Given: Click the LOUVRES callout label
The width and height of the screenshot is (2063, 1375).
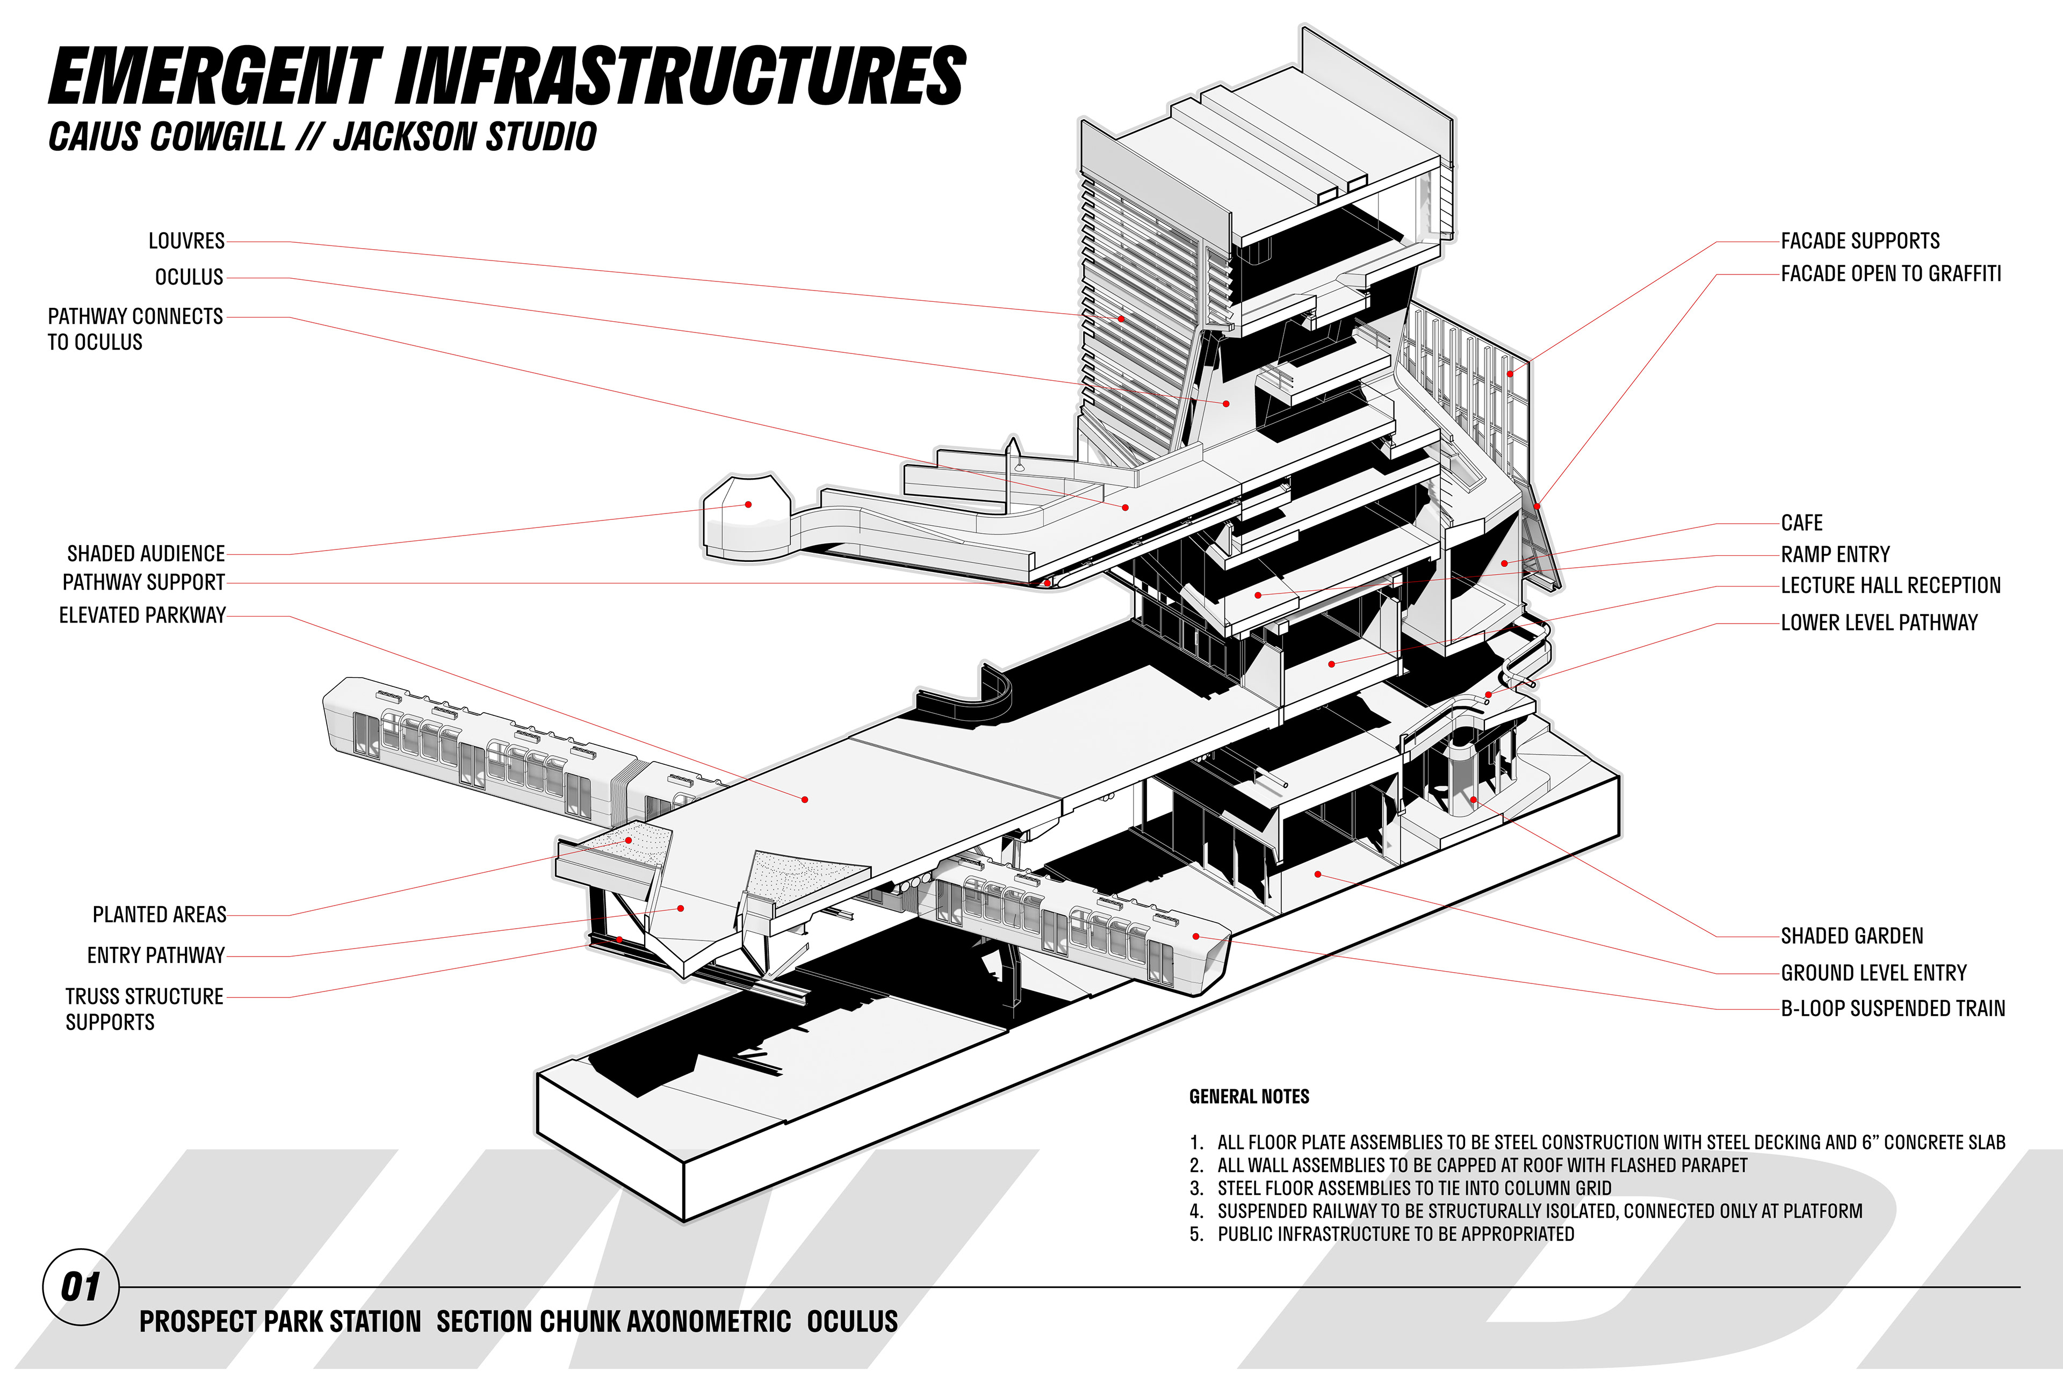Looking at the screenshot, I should click(x=186, y=241).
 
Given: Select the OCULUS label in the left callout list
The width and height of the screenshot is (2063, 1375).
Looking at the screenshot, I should click(x=190, y=277).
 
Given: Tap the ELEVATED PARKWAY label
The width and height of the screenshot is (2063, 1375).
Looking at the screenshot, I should click(x=142, y=616).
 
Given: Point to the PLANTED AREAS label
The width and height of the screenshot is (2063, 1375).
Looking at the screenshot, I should click(x=160, y=915).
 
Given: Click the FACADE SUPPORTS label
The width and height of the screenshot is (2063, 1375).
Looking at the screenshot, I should click(x=1859, y=241).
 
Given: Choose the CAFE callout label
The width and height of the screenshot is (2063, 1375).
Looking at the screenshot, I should click(x=1801, y=524).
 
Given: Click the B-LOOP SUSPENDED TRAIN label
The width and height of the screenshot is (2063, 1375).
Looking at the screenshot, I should click(x=1893, y=1009).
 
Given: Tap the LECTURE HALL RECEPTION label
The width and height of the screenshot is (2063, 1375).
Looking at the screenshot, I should click(x=1890, y=586).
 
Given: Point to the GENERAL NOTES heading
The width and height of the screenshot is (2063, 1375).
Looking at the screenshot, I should click(x=1249, y=1097).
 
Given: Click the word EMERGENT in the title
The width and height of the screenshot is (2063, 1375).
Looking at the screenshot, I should click(x=215, y=77).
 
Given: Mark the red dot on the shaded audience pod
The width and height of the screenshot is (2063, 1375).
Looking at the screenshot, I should click(x=748, y=504).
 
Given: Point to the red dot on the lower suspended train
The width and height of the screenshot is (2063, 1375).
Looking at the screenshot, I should click(x=1195, y=937).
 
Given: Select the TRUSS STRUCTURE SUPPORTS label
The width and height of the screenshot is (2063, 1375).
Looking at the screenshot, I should click(x=144, y=1009).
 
